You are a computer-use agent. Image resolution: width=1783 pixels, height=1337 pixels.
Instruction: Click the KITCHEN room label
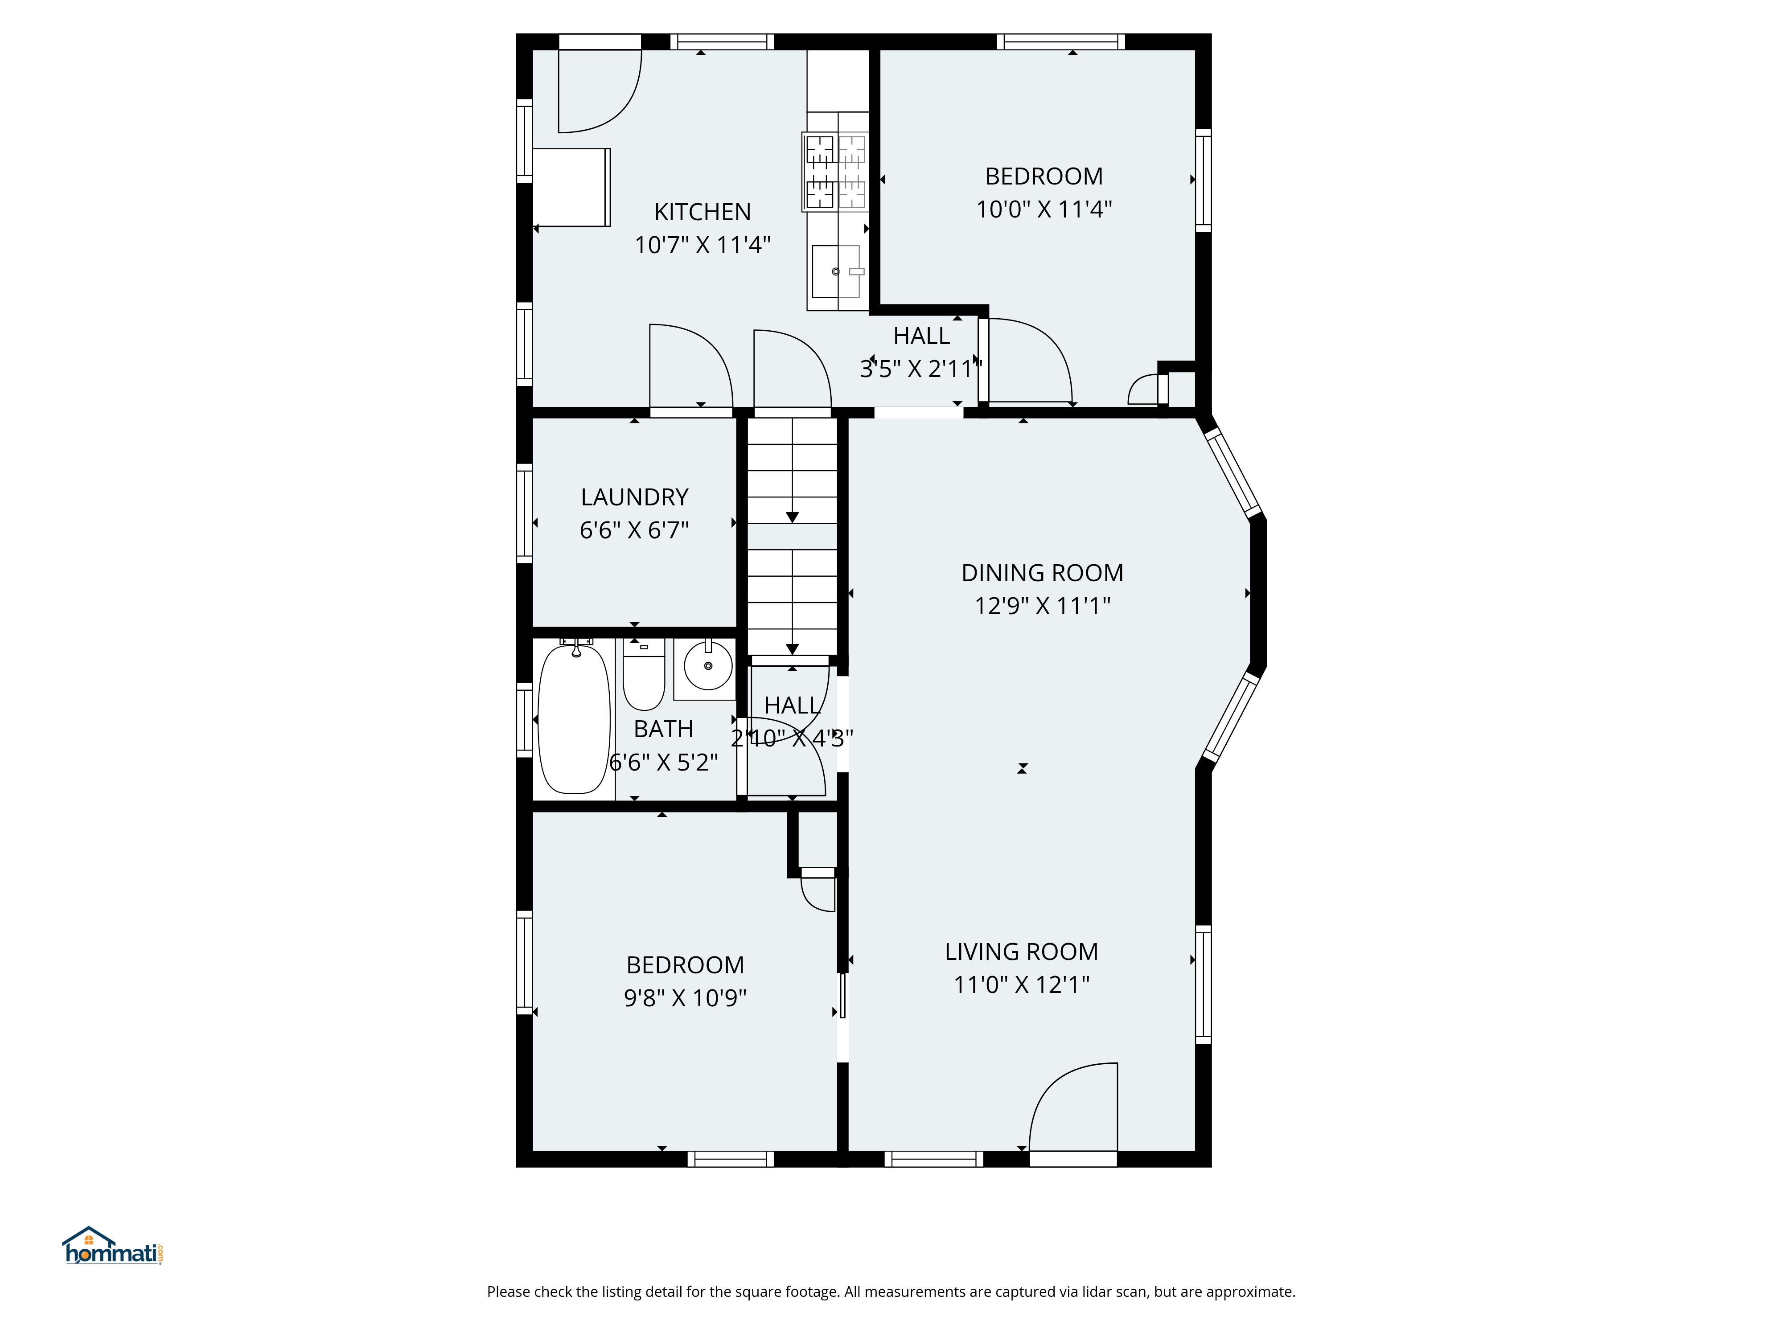[x=702, y=212]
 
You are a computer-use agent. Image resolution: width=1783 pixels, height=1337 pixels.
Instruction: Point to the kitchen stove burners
[x=835, y=172]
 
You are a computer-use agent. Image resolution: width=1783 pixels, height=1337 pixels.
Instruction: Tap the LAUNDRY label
[x=634, y=497]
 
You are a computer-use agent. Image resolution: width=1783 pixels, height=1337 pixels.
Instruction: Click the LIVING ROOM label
[x=1021, y=952]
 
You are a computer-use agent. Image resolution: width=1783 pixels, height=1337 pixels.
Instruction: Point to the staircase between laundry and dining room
[x=793, y=536]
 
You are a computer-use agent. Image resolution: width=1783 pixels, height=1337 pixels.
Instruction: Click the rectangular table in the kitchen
[x=571, y=187]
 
